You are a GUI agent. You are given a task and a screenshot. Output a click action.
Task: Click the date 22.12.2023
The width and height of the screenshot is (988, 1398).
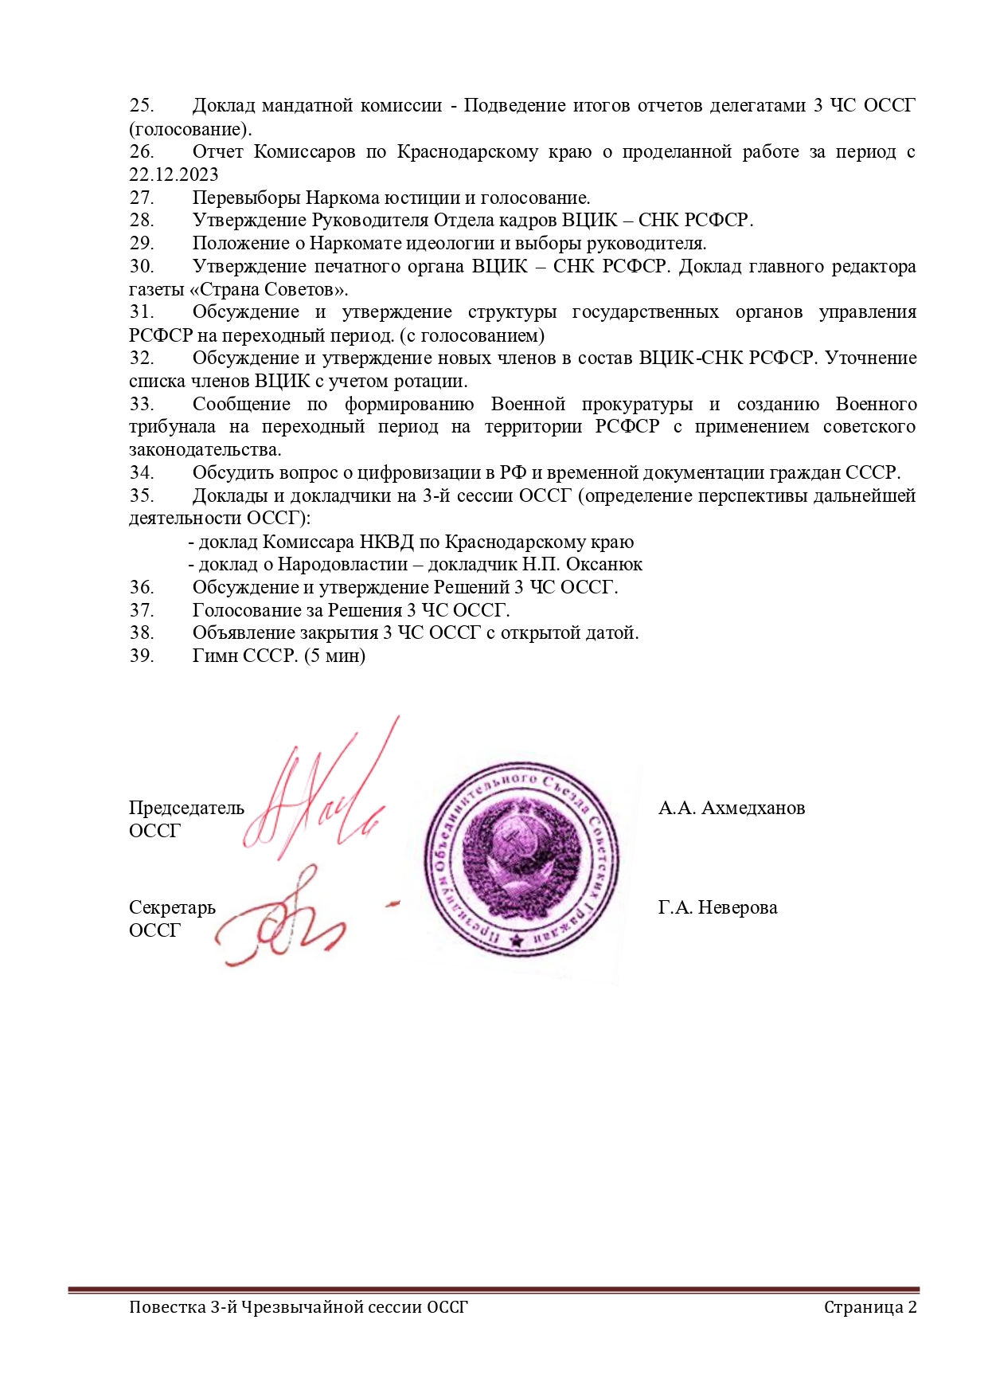pyautogui.click(x=174, y=174)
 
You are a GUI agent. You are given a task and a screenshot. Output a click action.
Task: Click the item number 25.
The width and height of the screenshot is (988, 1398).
pyautogui.click(x=142, y=105)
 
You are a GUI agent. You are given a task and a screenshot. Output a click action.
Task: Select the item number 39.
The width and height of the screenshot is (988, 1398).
pyautogui.click(x=142, y=656)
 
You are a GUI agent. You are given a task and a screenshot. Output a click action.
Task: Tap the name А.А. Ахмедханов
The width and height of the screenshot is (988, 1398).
pyautogui.click(x=731, y=808)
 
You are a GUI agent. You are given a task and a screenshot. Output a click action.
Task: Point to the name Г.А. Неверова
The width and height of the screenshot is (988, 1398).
pyautogui.click(x=717, y=907)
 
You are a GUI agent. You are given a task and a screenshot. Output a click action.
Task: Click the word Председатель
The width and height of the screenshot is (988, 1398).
pyautogui.click(x=186, y=808)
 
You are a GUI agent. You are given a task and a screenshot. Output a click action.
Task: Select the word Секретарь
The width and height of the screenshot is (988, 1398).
pyautogui.click(x=172, y=907)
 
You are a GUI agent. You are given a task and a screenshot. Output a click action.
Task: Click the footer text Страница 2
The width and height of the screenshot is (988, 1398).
pyautogui.click(x=870, y=1307)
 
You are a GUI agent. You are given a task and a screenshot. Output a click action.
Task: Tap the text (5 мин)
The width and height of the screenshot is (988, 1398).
pyautogui.click(x=334, y=656)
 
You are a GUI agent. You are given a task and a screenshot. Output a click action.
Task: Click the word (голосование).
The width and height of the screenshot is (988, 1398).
pyautogui.click(x=190, y=128)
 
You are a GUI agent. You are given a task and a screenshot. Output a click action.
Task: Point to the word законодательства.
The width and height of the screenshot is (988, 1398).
pyautogui.click(x=205, y=449)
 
